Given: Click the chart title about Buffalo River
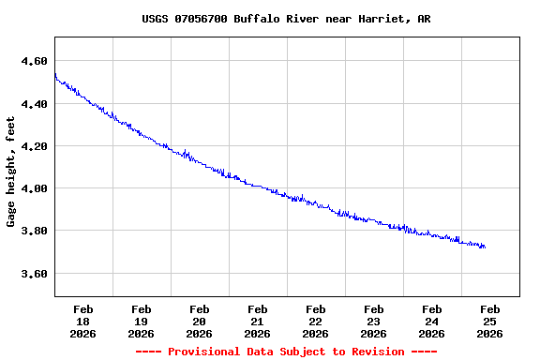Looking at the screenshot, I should click(286, 19).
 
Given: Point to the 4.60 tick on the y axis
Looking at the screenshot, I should click(34, 61).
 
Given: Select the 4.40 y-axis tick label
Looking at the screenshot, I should click(34, 104).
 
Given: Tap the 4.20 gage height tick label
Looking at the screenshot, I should click(34, 146).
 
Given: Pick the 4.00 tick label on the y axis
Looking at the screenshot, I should click(34, 188).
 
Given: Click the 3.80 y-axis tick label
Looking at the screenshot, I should click(34, 231).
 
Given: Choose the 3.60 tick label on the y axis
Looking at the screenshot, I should click(34, 274).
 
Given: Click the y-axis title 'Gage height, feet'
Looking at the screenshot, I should click(11, 172).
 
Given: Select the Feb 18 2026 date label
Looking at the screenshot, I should click(82, 321).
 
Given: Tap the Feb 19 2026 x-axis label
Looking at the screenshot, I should click(141, 321).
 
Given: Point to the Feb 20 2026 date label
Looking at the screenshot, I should click(199, 321).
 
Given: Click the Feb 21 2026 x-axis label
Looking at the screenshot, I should click(257, 321).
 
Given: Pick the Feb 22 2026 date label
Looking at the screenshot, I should click(315, 321).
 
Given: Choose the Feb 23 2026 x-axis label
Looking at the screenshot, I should click(373, 321).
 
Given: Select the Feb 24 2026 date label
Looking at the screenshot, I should click(431, 321).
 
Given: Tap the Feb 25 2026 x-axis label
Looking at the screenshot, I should click(489, 321).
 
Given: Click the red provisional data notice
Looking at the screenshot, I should click(286, 352).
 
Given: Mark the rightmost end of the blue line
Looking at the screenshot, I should click(485, 247).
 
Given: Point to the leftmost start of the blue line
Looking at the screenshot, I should click(54, 73).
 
